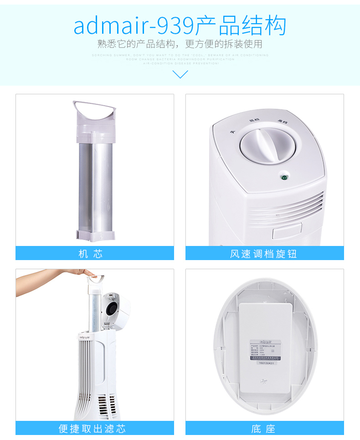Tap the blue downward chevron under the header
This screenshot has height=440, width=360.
tap(180, 74)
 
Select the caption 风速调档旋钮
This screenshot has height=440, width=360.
tap(264, 254)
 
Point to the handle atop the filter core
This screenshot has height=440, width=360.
tap(94, 110)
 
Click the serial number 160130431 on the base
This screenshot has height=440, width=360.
tap(267, 363)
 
